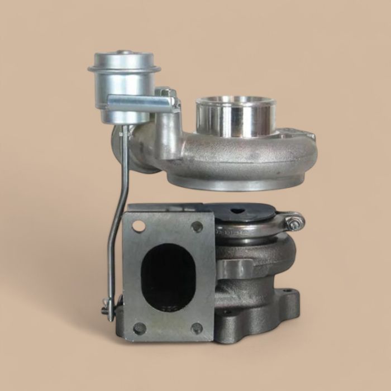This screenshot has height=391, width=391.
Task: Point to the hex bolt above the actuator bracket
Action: [166, 92]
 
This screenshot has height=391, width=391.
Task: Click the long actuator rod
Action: [118, 223]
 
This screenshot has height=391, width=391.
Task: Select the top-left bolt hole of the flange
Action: [138, 226]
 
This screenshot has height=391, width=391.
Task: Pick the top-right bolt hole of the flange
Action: [197, 226]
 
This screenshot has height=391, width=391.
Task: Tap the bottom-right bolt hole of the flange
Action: [197, 328]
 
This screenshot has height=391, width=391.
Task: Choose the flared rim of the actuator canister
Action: [124, 69]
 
